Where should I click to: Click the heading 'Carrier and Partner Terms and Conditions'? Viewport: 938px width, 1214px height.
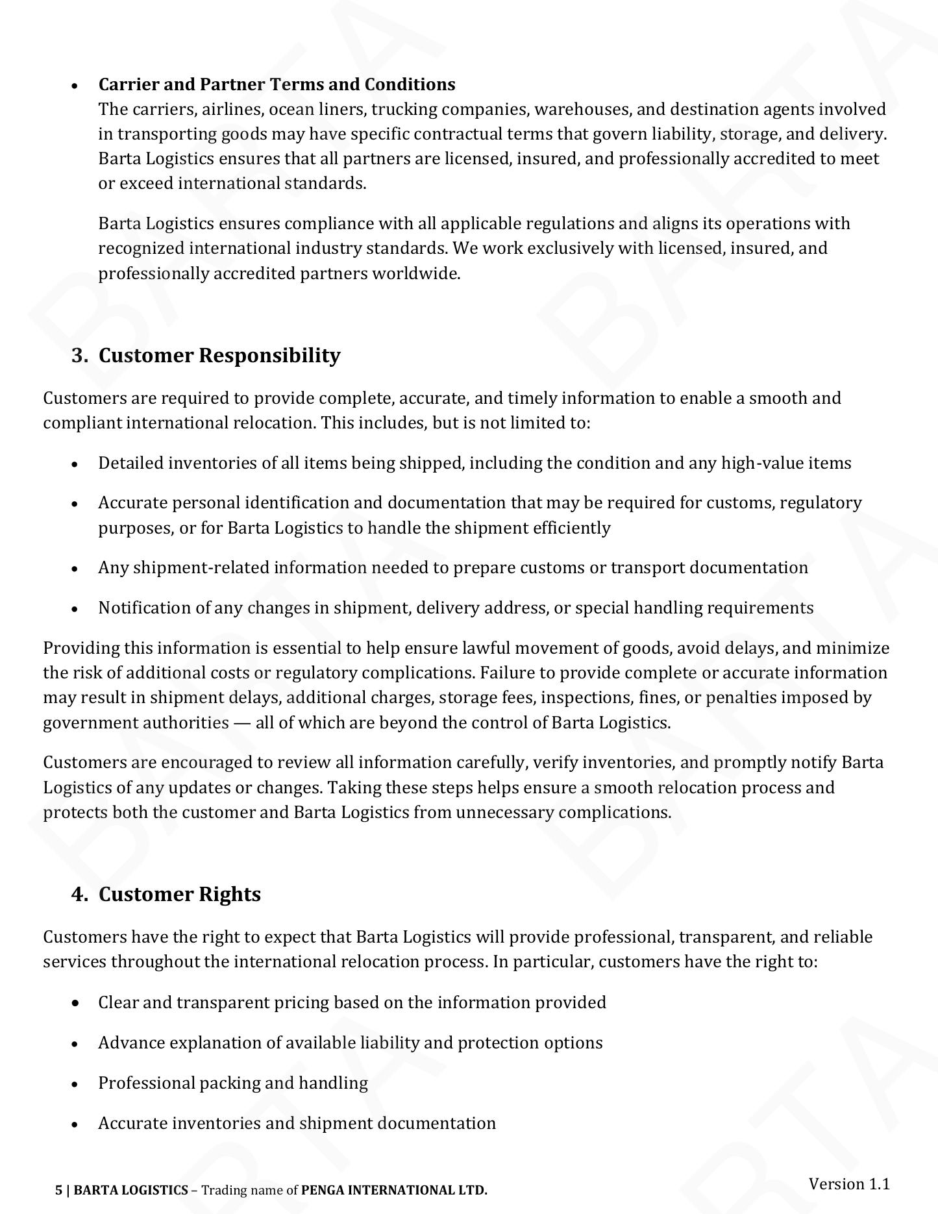(277, 84)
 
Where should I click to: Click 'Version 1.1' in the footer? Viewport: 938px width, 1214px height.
(848, 1183)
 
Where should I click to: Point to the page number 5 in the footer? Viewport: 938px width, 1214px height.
(59, 1190)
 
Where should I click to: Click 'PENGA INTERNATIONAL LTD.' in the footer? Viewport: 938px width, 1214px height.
(394, 1190)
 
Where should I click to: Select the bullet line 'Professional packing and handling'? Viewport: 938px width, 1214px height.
(232, 1083)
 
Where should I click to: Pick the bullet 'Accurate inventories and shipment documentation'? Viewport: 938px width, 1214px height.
(297, 1123)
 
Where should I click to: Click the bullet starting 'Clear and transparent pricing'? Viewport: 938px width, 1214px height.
(352, 1002)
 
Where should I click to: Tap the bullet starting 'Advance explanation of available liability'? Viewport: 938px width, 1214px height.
(350, 1043)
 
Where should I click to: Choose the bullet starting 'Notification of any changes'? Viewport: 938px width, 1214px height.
(455, 608)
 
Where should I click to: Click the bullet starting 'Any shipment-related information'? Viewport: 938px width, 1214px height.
(452, 567)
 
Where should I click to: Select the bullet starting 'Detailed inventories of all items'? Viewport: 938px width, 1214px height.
(474, 463)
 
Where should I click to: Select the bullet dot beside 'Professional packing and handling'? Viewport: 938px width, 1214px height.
(75, 1084)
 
